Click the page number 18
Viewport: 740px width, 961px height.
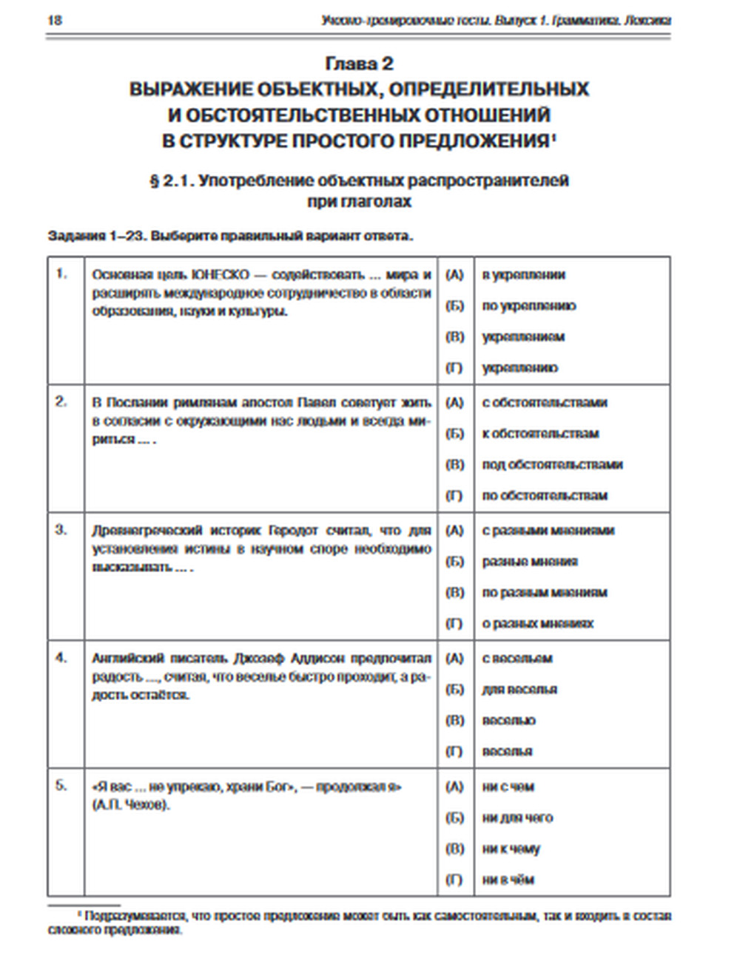click(55, 20)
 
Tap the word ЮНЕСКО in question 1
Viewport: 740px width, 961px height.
click(221, 274)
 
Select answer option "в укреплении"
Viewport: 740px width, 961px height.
click(523, 275)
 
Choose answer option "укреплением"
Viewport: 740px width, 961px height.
click(523, 337)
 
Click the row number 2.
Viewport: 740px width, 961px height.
click(61, 401)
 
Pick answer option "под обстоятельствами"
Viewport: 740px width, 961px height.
click(552, 465)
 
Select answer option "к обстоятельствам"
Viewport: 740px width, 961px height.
click(540, 434)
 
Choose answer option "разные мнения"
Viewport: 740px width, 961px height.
click(530, 562)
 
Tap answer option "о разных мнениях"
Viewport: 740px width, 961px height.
click(538, 624)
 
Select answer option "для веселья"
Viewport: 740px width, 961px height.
click(519, 690)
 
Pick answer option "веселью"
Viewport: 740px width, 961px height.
click(508, 721)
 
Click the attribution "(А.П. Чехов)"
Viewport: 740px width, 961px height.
click(131, 805)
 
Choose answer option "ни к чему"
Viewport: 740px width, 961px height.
click(511, 849)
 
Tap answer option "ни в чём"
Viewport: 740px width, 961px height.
click(508, 880)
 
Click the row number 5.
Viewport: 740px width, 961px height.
click(61, 785)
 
